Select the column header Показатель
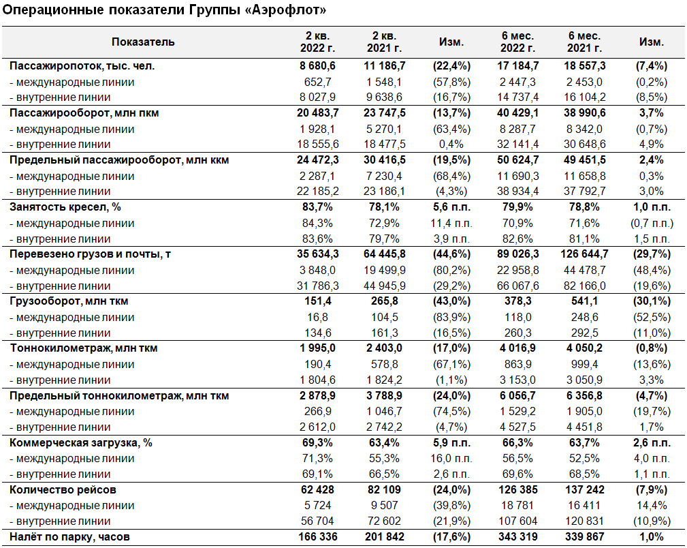143,42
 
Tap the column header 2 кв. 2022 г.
318,42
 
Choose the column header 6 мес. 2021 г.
584,42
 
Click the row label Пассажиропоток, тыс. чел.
82,66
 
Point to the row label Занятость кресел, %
65,207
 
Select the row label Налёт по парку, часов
69,537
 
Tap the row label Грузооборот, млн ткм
69,301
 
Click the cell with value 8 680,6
318,66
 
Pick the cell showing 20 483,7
318,113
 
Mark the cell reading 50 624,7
518,160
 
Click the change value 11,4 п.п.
451,224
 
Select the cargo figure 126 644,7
584,254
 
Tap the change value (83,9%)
451,317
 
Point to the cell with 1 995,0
318,348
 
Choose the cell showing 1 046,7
384,412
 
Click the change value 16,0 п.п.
451,459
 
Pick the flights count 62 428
318,489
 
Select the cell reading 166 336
318,537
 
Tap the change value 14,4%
652,506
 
